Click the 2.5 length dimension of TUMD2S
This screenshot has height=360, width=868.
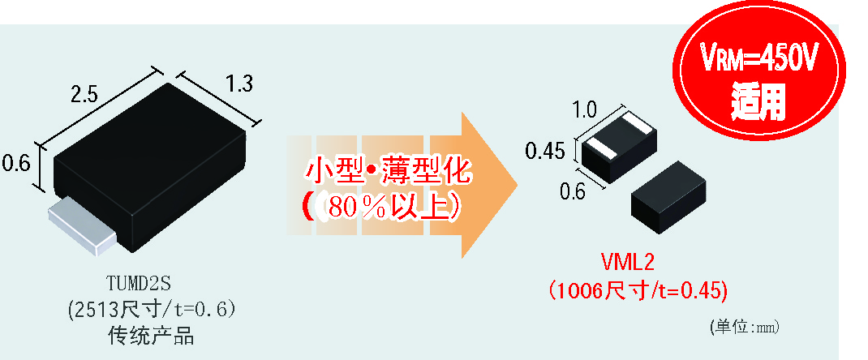pos(84,94)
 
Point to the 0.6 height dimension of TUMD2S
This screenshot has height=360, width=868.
pos(15,163)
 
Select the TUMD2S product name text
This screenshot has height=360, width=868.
pos(140,282)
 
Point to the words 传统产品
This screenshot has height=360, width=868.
pos(151,336)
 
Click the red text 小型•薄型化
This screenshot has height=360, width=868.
pos(388,172)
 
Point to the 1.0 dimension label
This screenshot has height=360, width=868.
pos(584,109)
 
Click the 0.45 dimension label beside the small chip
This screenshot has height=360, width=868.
pos(544,151)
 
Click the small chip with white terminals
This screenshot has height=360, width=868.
pos(618,145)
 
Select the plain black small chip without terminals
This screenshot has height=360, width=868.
pos(670,195)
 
